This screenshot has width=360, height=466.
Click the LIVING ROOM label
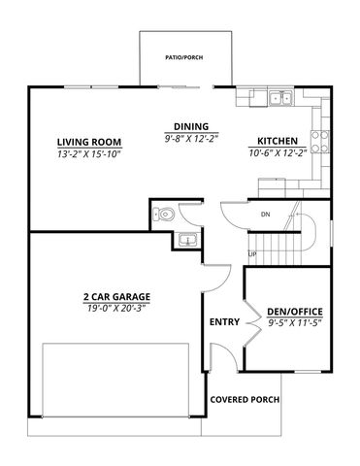click(x=88, y=140)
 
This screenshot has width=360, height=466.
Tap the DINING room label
click(x=190, y=126)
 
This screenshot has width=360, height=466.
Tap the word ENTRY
click(x=224, y=321)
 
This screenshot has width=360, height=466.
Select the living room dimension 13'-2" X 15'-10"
click(x=88, y=152)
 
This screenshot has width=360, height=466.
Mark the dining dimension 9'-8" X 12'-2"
click(x=190, y=138)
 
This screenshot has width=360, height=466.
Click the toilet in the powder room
click(x=166, y=214)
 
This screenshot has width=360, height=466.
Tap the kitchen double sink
click(x=282, y=98)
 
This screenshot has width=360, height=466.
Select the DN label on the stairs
click(x=265, y=214)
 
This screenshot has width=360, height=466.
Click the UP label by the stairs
click(x=252, y=254)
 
